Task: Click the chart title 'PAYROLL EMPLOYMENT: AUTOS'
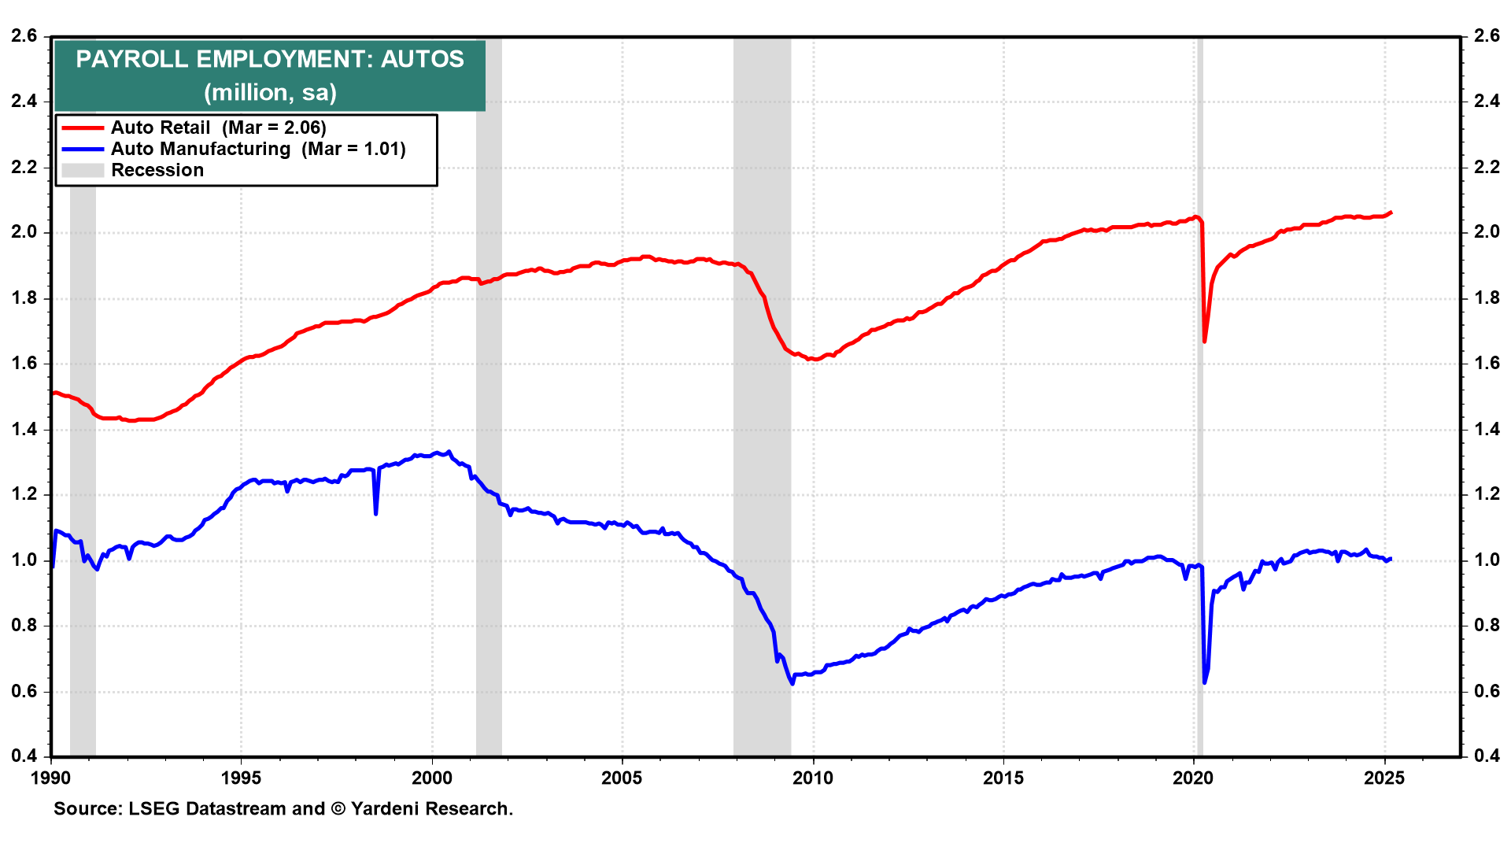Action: pyautogui.click(x=270, y=59)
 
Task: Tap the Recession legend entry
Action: pyautogui.click(x=157, y=170)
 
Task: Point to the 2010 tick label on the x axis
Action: pyautogui.click(x=813, y=778)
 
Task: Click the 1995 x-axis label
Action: pyautogui.click(x=242, y=778)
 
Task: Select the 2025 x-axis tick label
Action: pyautogui.click(x=1384, y=778)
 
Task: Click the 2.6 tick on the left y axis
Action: pyautogui.click(x=24, y=35)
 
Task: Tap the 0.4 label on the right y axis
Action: pyautogui.click(x=1487, y=756)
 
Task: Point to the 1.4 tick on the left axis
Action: pyautogui.click(x=24, y=429)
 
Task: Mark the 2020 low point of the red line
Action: pyautogui.click(x=1204, y=341)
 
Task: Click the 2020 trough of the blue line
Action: pyautogui.click(x=1204, y=682)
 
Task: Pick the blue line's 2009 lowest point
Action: pyautogui.click(x=792, y=683)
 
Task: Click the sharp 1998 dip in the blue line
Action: pyautogui.click(x=376, y=514)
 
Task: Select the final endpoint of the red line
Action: pyautogui.click(x=1391, y=212)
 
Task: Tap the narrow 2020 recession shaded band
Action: pyautogui.click(x=1199, y=394)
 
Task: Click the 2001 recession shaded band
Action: pyautogui.click(x=489, y=394)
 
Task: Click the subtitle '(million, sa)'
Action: pyautogui.click(x=270, y=92)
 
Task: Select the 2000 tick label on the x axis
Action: pyautogui.click(x=432, y=778)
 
